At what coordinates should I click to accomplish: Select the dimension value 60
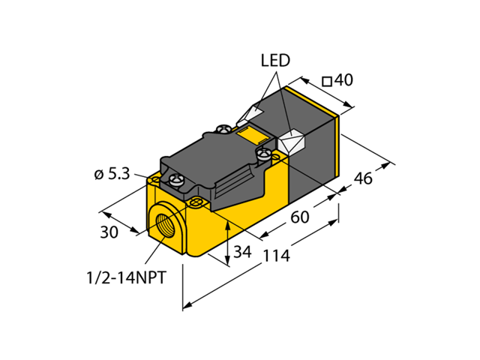(300, 218)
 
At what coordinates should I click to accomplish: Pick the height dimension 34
(241, 252)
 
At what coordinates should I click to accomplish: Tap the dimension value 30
(109, 232)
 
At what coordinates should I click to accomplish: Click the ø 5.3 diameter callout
(112, 175)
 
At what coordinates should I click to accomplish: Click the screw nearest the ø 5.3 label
(177, 180)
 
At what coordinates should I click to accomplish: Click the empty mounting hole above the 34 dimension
(198, 202)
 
